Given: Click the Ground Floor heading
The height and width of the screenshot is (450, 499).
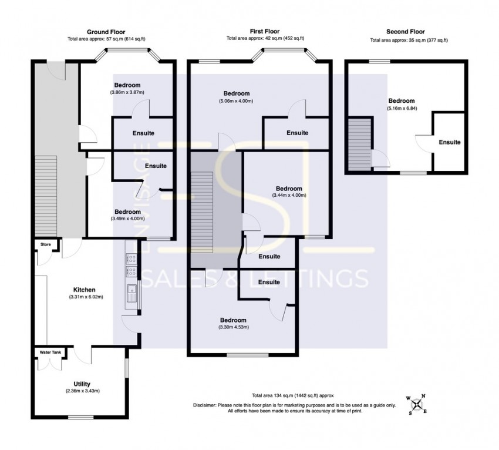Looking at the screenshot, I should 106,32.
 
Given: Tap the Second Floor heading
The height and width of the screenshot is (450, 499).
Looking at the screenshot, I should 405,32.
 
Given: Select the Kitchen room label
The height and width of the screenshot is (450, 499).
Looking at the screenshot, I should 84,290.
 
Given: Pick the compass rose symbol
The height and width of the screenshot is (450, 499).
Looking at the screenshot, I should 417,404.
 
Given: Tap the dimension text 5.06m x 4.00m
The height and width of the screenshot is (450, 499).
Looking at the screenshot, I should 237,101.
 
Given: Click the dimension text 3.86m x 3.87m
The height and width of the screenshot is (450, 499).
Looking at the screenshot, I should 127,92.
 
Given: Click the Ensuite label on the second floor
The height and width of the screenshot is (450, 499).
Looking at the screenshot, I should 450,142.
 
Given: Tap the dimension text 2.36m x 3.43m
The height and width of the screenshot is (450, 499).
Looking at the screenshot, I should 82,392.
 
